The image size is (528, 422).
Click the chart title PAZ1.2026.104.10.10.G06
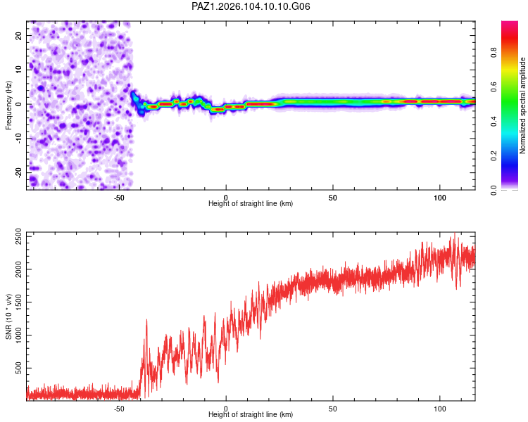pyautogui.click(x=251, y=6)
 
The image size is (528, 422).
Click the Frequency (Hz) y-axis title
pyautogui.click(x=8, y=105)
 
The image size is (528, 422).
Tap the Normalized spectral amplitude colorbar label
pyautogui.click(x=522, y=105)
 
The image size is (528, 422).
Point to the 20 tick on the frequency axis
pyautogui.click(x=19, y=35)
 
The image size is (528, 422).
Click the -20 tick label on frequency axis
pyautogui.click(x=19, y=173)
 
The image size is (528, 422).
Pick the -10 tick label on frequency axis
pyautogui.click(x=19, y=139)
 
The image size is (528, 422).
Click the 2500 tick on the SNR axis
pyautogui.click(x=19, y=236)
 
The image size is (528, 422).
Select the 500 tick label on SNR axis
pyautogui.click(x=19, y=368)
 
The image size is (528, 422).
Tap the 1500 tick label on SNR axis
pyautogui.click(x=19, y=302)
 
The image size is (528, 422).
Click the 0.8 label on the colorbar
pyautogui.click(x=494, y=53)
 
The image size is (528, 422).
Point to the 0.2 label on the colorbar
pyautogui.click(x=494, y=156)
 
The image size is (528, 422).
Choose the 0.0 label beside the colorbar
pyautogui.click(x=494, y=190)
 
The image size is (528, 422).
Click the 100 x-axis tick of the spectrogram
pyautogui.click(x=440, y=198)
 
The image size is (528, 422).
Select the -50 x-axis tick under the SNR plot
pyautogui.click(x=119, y=409)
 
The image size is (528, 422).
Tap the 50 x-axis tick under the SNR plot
pyautogui.click(x=333, y=409)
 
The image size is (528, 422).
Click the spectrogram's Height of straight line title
pyautogui.click(x=251, y=203)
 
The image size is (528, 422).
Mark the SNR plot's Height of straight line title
pyautogui.click(x=251, y=414)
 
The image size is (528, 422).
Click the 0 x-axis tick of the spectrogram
pyautogui.click(x=226, y=198)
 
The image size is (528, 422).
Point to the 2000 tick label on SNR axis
pyautogui.click(x=19, y=269)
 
